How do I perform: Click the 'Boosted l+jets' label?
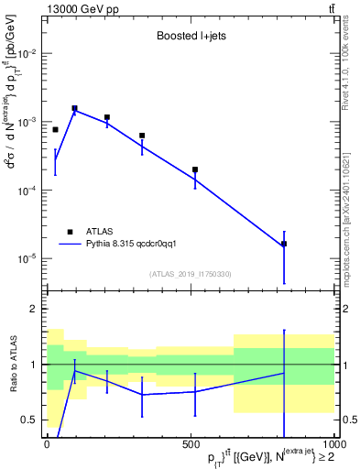point(187,37)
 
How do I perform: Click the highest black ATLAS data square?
point(74,108)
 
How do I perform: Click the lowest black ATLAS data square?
point(284,244)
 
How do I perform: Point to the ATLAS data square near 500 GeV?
point(195,169)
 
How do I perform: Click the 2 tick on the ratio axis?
point(33,310)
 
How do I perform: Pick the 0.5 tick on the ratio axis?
point(29,420)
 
